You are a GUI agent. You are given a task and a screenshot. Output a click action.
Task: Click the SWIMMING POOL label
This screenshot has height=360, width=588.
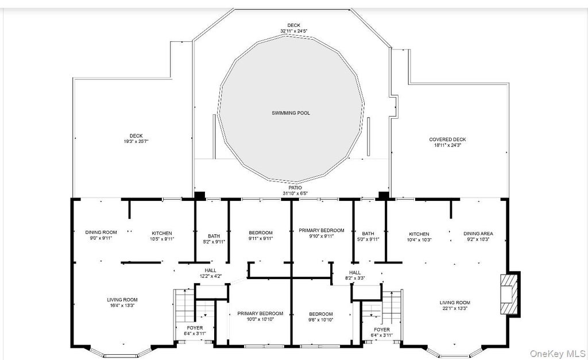[291, 113]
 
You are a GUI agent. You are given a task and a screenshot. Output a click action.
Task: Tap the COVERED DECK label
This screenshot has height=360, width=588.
[447, 140]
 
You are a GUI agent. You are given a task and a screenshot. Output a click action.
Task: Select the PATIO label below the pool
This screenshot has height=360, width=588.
[295, 188]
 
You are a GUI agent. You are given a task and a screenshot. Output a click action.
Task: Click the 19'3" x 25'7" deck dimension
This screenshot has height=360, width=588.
[136, 142]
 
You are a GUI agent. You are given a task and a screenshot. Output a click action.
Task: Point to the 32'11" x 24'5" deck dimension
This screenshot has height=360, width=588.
[294, 31]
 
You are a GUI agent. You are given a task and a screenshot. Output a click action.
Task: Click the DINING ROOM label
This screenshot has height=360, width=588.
[101, 233]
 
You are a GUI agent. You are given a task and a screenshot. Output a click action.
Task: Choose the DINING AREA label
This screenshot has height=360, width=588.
[478, 234]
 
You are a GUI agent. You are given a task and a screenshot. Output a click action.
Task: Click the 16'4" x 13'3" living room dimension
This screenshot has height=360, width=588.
[122, 305]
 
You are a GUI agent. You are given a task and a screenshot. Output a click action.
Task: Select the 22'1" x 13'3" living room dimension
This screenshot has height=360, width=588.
[455, 309]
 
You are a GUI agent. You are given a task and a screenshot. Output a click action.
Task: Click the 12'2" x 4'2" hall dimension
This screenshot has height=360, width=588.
[211, 276]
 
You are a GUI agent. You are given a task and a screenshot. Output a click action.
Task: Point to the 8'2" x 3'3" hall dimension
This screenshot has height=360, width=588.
[355, 278]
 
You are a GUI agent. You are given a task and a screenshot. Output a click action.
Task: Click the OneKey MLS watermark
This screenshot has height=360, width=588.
[558, 354]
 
